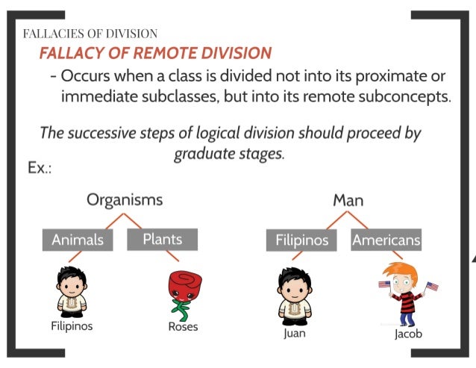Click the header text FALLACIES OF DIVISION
(90, 34)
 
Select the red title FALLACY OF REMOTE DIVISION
(155, 54)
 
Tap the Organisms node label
(124, 200)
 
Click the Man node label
(348, 200)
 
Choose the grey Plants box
(162, 240)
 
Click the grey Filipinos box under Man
(301, 240)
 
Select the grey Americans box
(386, 240)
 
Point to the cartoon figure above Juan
(295, 293)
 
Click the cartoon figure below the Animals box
(72, 291)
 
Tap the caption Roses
(184, 327)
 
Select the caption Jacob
(408, 334)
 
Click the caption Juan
(295, 333)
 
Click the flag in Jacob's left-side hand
(384, 284)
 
